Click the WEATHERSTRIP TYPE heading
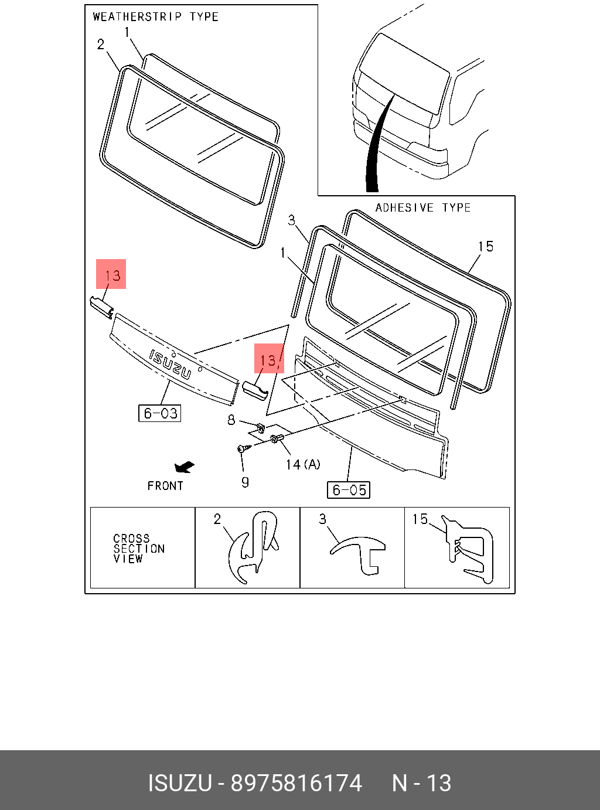[156, 17]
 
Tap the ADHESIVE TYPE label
[423, 208]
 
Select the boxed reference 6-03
[160, 413]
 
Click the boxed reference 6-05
[349, 490]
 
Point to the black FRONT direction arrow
[185, 467]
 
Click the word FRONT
[165, 486]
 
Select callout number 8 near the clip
[231, 420]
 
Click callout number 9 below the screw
[245, 482]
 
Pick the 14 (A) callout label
[303, 465]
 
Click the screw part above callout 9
[244, 448]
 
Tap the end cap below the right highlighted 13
[255, 390]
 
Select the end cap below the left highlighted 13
[101, 307]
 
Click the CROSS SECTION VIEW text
[139, 549]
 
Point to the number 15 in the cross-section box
[420, 519]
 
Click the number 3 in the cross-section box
[322, 519]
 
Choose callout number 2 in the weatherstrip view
[101, 45]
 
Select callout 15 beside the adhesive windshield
[486, 247]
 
